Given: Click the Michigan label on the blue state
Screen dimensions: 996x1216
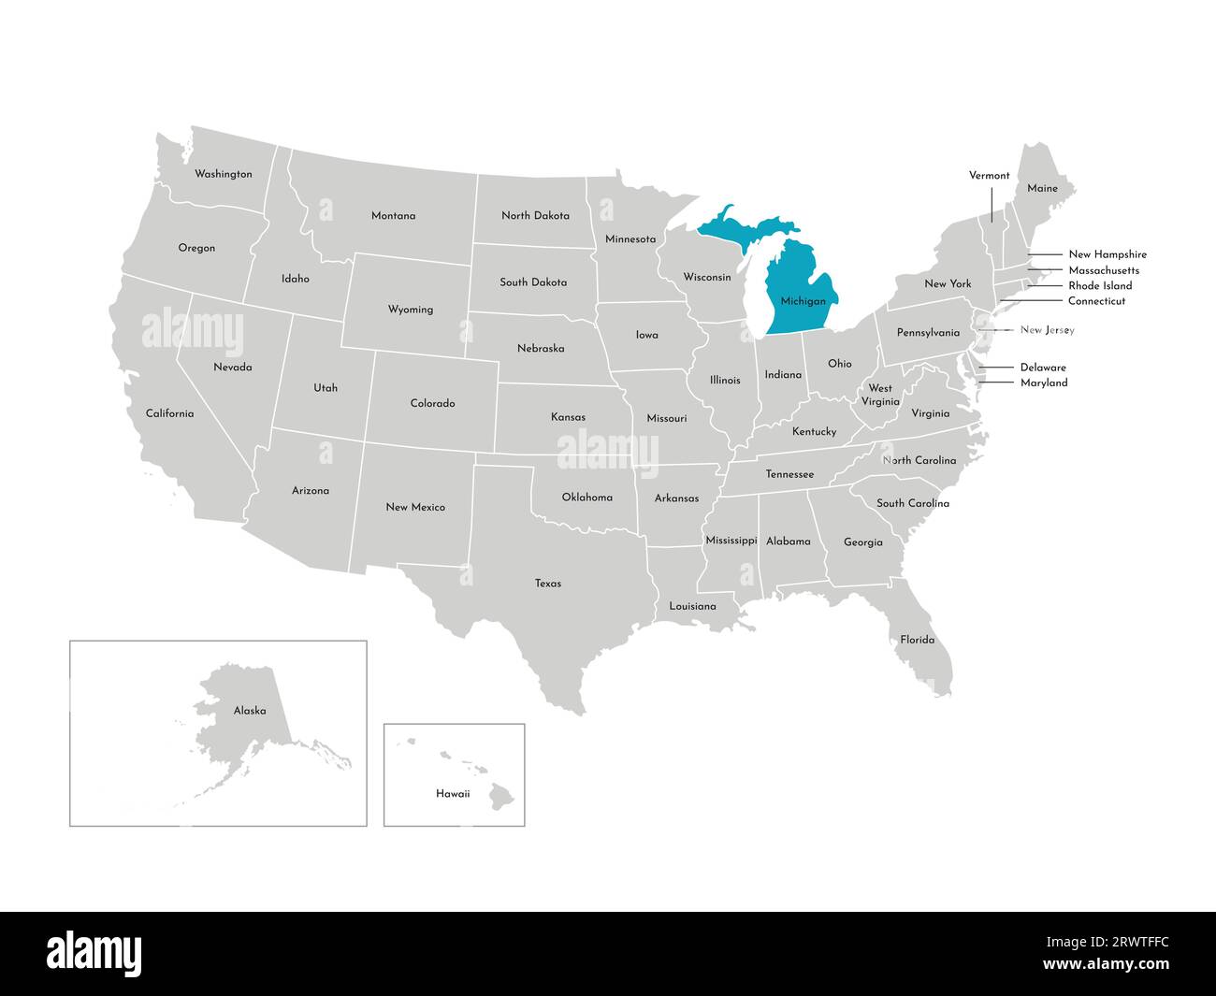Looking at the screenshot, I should coord(803,301).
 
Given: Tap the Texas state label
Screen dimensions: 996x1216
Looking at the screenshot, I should coord(548,584).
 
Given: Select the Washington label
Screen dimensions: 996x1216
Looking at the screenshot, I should coord(223,174).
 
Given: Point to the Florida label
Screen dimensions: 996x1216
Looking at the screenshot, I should coord(917,640).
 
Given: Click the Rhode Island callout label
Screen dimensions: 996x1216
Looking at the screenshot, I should coord(1100,285).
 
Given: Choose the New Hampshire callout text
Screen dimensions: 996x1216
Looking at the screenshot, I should coord(1107,254).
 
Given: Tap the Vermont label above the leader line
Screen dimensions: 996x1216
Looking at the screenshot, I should coord(989,175).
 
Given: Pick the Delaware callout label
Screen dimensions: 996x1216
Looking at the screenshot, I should coord(1043,368).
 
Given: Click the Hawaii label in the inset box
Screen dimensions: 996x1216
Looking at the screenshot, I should coord(453,794).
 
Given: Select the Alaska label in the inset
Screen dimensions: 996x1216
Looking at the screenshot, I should coord(250,711).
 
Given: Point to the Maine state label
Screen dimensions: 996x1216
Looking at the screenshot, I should coord(1042,188).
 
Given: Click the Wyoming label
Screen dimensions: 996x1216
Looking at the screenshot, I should coord(411,310).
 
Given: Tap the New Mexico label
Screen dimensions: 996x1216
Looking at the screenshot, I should coord(415,507).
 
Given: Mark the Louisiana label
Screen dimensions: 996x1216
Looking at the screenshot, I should coord(692,606).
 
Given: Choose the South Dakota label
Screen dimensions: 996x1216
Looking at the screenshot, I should coord(533,281).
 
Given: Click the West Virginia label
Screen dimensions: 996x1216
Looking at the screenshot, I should coord(879,395).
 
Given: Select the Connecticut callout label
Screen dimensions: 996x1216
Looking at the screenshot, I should coord(1096,301).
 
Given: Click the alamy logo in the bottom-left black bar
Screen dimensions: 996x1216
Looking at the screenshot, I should coord(94,953).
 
